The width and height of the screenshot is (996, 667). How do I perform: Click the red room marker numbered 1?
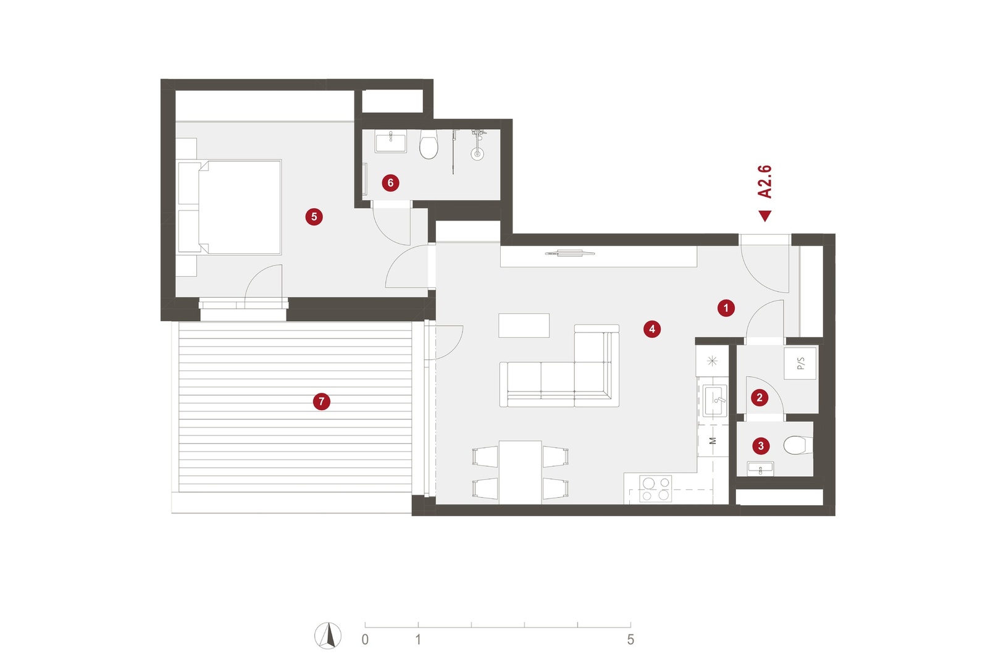tap(726, 308)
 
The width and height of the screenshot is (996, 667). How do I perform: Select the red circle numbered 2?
tap(760, 398)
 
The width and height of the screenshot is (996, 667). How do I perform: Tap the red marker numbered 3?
tap(761, 445)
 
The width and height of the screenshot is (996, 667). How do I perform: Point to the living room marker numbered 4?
tap(652, 329)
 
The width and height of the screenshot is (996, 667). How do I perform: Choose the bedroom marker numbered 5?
tap(314, 217)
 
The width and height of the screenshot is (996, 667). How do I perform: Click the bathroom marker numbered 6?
tap(390, 183)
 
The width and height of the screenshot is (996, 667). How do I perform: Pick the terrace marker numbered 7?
tap(322, 401)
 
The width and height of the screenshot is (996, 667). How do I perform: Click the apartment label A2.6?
tap(765, 182)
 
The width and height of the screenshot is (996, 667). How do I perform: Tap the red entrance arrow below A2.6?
tap(765, 216)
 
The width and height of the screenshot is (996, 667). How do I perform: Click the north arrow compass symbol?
tap(328, 636)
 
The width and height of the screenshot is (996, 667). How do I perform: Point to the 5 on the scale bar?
tap(630, 640)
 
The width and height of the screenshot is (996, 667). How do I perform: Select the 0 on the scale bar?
tap(365, 640)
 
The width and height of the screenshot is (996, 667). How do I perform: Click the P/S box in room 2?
tap(800, 363)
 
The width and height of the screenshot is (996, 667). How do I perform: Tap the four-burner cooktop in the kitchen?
tap(655, 489)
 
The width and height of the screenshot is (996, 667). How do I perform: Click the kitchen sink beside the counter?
tap(715, 400)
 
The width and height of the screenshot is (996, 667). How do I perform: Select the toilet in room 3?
tap(798, 445)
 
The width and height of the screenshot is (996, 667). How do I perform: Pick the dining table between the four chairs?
tap(521, 472)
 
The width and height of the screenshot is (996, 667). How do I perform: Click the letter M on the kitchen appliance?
tap(713, 441)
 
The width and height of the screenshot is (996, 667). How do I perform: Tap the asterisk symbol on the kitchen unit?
tap(712, 361)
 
